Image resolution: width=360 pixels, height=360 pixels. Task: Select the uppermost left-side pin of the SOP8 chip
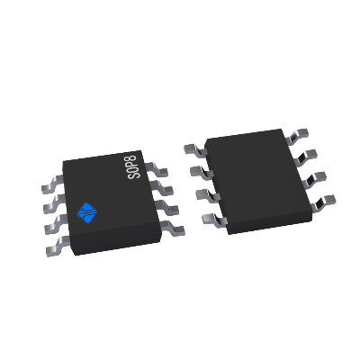[x=52, y=186]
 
